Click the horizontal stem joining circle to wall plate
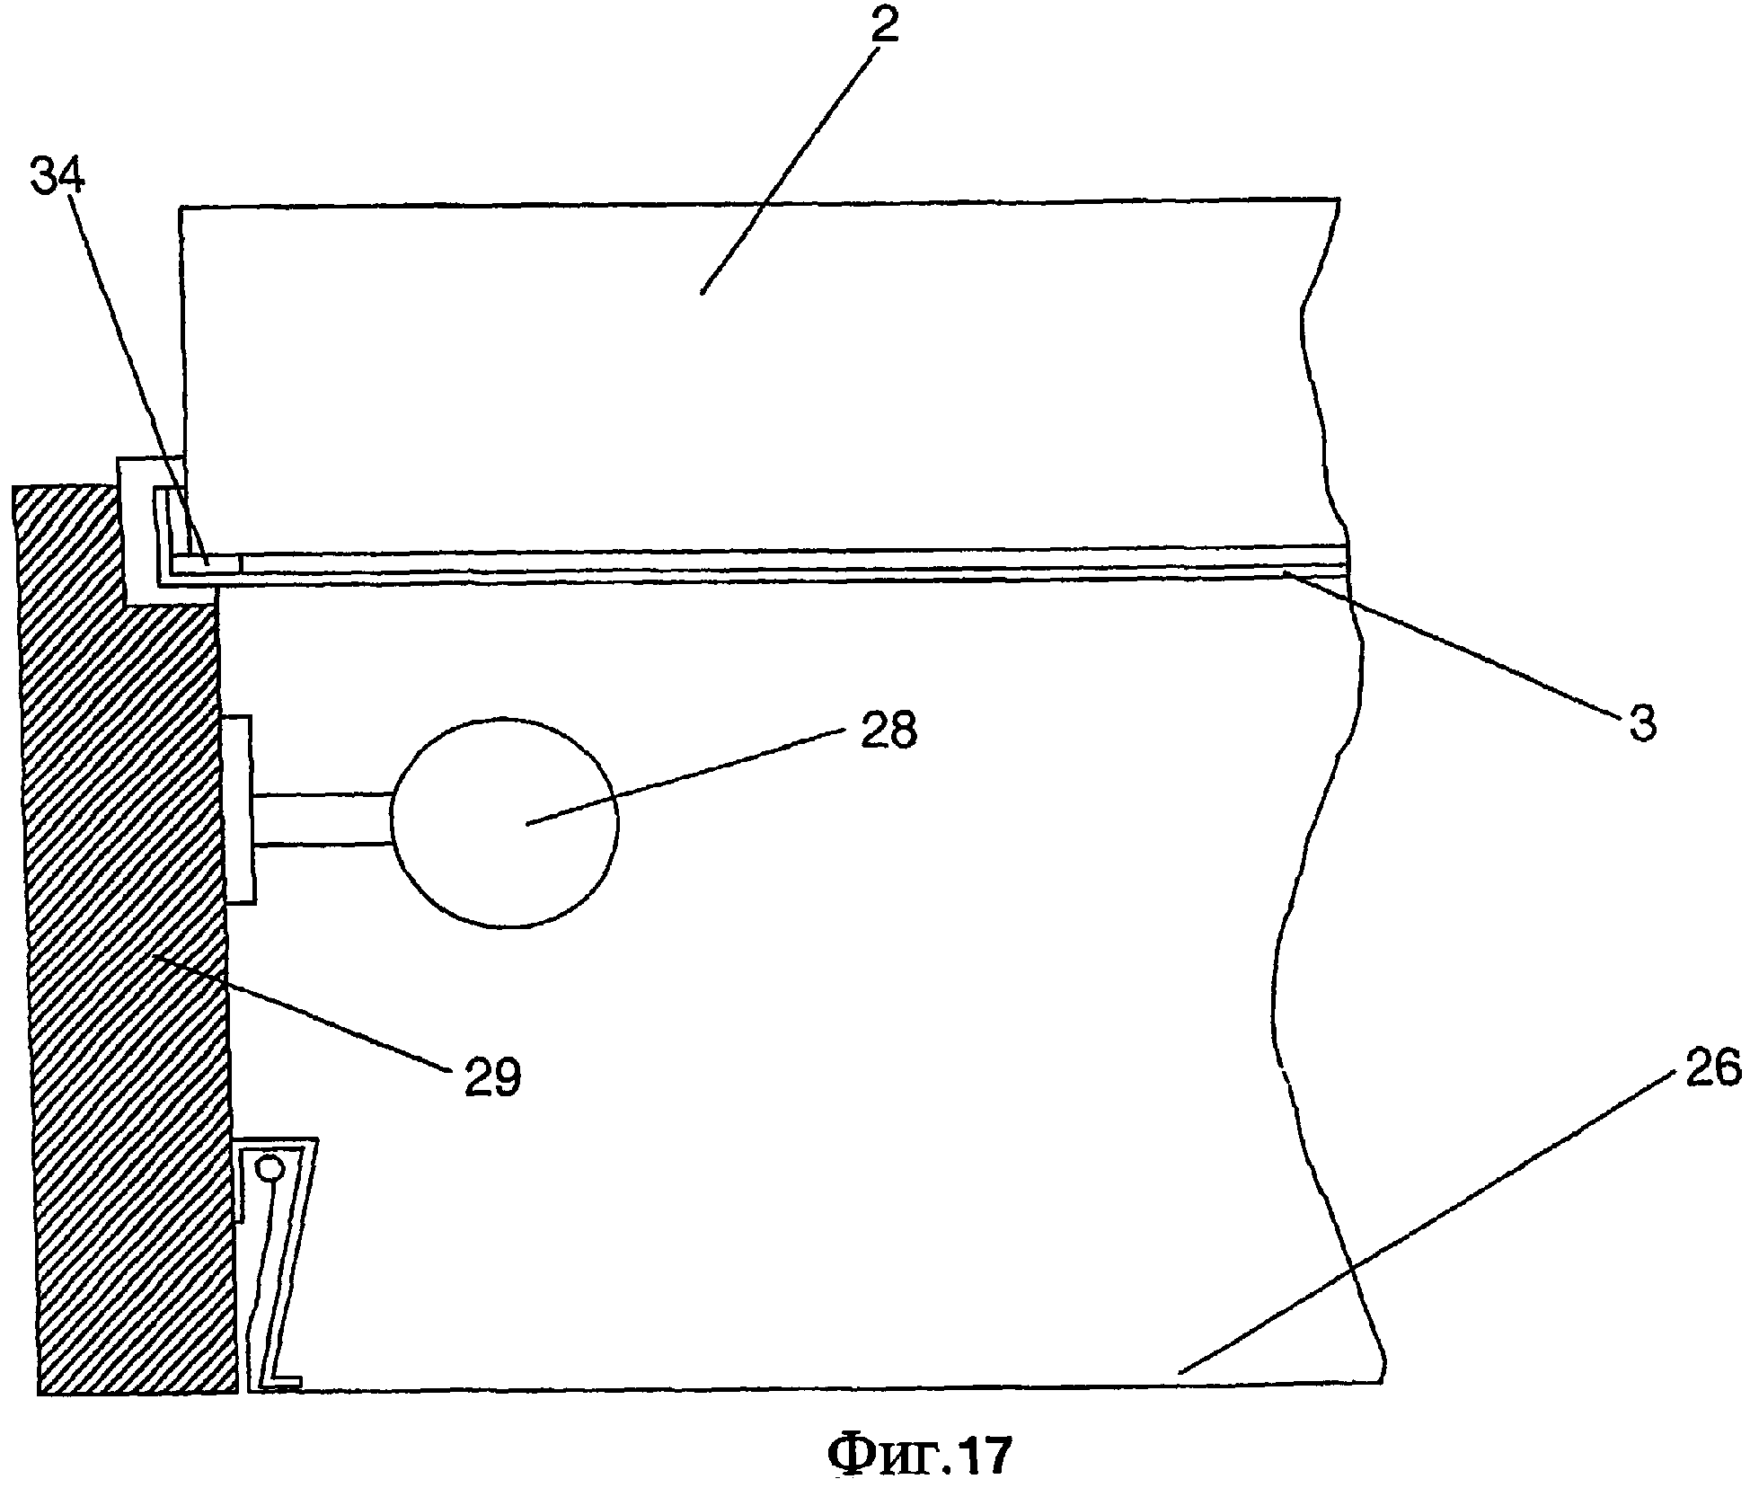click(323, 819)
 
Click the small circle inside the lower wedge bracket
click(270, 1168)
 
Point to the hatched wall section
click(126, 988)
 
